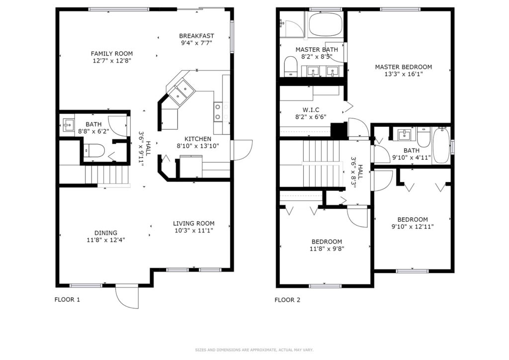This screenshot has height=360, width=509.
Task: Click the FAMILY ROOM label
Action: coord(112,54)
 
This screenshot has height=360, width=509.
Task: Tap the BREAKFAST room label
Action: coord(196,36)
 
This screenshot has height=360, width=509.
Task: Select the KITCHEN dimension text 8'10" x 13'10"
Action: coord(198,146)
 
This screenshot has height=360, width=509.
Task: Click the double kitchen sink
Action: coord(181,90)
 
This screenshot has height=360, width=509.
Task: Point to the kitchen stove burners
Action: coord(218,112)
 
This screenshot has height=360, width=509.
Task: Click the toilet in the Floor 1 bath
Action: coord(93,150)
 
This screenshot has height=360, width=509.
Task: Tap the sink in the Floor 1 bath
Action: coord(68,124)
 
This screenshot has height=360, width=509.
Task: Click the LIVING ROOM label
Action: coord(193,223)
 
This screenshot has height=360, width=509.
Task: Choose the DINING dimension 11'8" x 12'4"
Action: coord(106,240)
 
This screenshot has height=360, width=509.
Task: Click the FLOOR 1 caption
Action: coord(67,300)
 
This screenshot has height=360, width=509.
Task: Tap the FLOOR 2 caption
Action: coord(287,300)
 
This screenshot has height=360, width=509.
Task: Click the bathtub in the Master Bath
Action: coord(326,24)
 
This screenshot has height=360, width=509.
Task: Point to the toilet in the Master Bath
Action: coord(290,67)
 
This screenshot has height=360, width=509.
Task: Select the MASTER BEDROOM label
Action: coord(404,67)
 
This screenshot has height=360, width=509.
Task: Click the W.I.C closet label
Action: coord(311,110)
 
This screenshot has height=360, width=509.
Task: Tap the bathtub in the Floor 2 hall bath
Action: coord(441,146)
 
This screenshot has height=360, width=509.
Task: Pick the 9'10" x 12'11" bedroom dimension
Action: coord(413,227)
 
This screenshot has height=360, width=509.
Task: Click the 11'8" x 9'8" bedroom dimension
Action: coord(327,249)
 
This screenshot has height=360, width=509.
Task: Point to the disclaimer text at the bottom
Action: coord(254,350)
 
